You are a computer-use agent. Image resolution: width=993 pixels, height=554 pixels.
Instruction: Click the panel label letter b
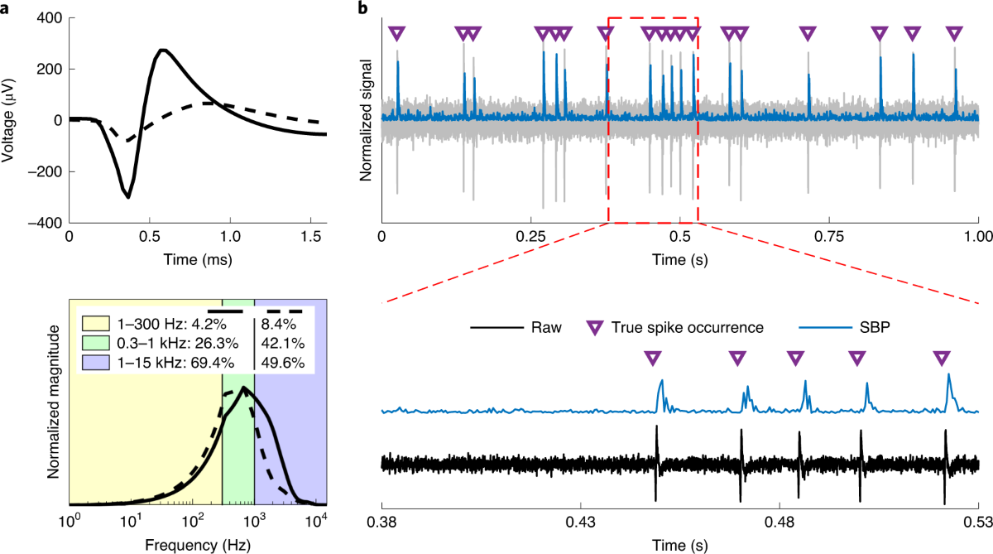coord(361,8)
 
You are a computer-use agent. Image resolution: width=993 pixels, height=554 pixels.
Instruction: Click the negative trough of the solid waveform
coord(128,197)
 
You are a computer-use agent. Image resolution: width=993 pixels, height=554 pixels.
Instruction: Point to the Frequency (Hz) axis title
coord(192,546)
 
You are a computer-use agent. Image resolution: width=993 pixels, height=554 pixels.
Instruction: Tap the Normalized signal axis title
coord(367,120)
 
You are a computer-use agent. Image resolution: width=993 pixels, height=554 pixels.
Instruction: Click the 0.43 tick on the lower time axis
coord(580,522)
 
